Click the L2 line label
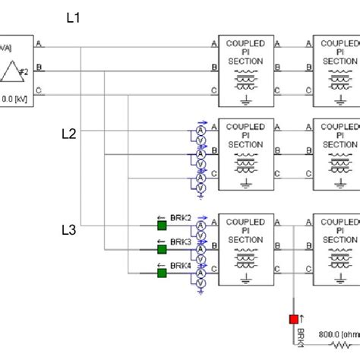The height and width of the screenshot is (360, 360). pos(68,134)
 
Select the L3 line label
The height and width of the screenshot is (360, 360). pos(68,228)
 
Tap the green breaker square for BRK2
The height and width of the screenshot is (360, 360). pos(162,225)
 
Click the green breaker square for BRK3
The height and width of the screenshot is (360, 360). pos(162,248)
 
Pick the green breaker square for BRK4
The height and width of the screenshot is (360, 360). pos(162,271)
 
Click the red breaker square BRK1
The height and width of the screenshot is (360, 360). pos(293,320)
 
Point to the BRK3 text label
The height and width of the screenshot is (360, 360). pos(180,242)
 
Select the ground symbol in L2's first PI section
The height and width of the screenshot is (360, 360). pos(245,182)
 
